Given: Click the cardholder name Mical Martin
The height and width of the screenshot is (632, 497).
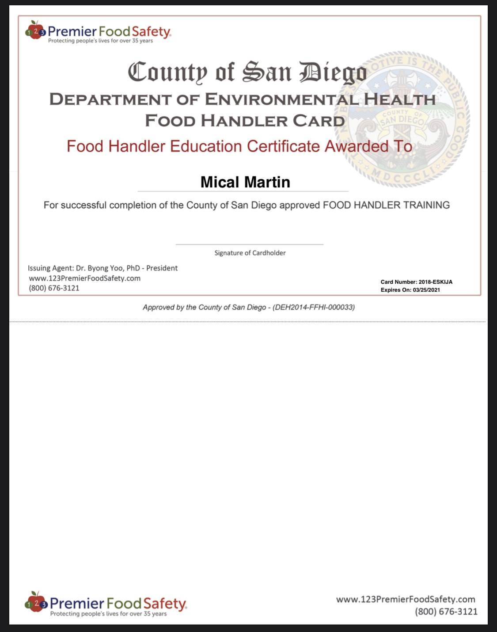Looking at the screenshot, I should [x=245, y=182].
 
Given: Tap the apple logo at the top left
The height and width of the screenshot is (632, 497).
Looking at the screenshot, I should [x=35, y=30].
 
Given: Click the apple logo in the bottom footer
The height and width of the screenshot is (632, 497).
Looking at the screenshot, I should [x=36, y=602].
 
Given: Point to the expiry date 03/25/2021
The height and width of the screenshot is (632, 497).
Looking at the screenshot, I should [x=426, y=290].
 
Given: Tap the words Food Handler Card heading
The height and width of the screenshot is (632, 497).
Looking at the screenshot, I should [x=245, y=121].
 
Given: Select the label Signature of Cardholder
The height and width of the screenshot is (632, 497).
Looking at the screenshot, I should [x=250, y=253].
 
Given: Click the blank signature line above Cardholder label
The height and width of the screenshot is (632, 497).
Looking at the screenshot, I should [x=250, y=244].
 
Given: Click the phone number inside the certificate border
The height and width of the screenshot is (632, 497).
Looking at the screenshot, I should [x=54, y=288].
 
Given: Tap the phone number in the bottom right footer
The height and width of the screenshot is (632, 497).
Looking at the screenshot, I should [x=446, y=612].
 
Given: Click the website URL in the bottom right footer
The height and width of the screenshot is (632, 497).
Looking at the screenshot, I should [x=406, y=599].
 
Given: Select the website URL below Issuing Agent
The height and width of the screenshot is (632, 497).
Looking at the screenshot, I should [x=85, y=278].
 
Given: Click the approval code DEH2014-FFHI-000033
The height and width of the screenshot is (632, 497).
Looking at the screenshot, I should [x=314, y=307].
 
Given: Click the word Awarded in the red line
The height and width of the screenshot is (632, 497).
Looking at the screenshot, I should [x=356, y=146].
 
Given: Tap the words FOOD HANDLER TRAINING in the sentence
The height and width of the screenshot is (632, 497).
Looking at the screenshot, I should [x=386, y=205].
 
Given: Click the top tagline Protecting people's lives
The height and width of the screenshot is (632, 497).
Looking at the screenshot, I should [x=100, y=41].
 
